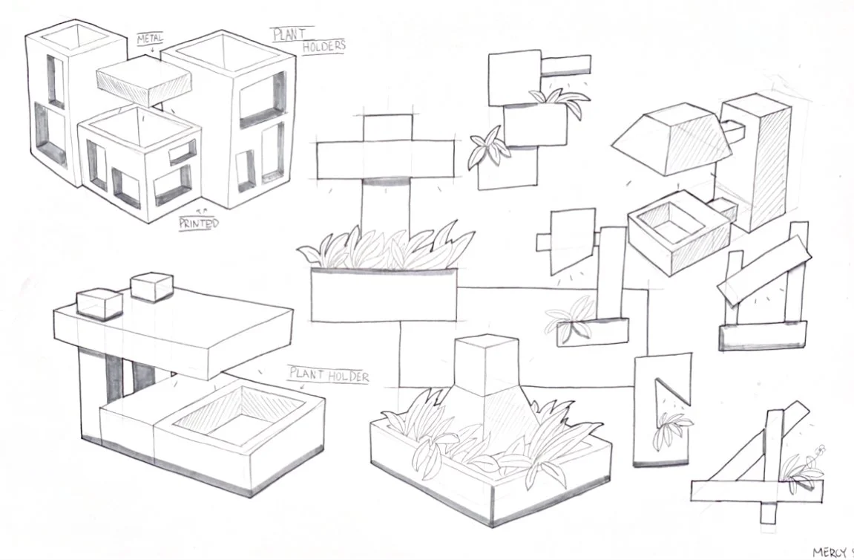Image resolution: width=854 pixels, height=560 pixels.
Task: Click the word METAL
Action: click(151, 38)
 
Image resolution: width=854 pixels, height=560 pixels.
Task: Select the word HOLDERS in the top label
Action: click(324, 46)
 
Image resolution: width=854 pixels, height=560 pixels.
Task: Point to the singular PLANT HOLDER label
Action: click(329, 376)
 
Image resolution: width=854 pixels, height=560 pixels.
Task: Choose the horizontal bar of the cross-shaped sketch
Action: click(385, 158)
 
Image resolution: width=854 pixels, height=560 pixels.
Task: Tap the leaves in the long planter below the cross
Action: click(386, 248)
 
